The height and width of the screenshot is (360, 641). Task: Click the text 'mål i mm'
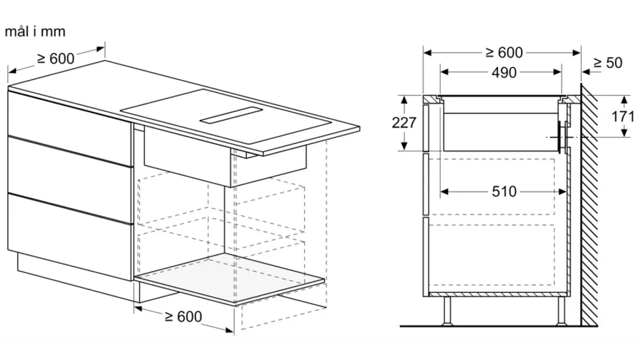pos(35,31)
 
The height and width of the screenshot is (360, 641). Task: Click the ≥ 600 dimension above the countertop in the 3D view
pos(56,58)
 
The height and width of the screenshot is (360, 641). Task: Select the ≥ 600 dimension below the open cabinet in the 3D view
pos(183,316)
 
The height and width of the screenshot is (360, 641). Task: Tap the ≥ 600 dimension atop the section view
pos(504,53)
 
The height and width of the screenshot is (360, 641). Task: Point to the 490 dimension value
pos(504,73)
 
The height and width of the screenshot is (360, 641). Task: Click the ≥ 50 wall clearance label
pos(608,63)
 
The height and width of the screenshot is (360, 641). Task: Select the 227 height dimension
pos(404,122)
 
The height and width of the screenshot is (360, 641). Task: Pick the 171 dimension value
pos(622,117)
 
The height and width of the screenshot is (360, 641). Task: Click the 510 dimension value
pos(504,192)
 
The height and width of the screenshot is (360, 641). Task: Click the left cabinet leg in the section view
pos(447,311)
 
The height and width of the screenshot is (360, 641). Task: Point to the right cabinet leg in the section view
pos(562,311)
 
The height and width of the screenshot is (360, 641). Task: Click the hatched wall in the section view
pos(590,204)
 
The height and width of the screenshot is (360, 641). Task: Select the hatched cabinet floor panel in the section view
pos(497,294)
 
